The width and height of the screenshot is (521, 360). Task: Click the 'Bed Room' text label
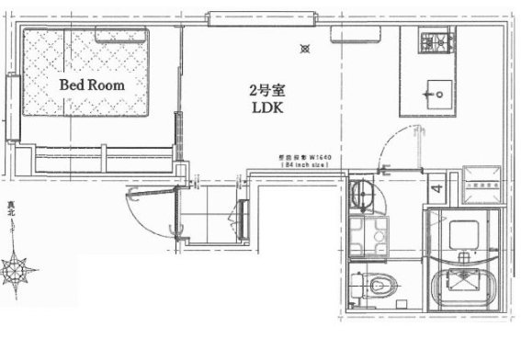[x=91, y=84]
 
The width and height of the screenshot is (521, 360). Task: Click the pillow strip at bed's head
[x=122, y=34]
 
